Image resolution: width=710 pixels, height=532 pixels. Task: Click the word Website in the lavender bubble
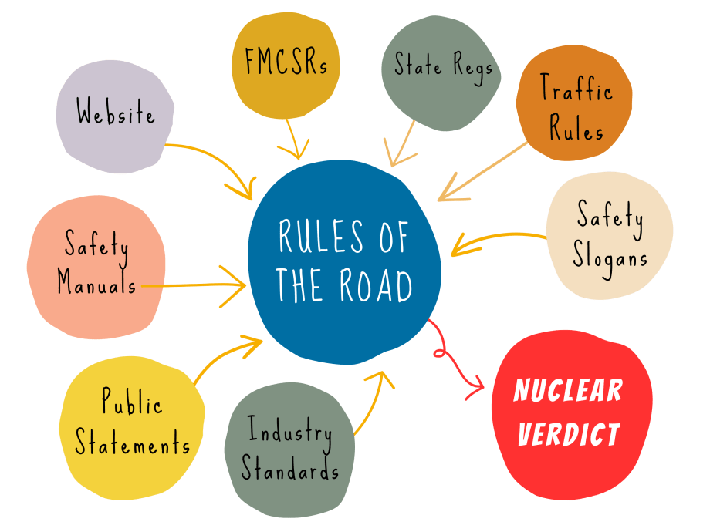116,115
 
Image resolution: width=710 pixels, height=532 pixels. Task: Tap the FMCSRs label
286,62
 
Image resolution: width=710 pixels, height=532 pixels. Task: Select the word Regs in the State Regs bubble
472,67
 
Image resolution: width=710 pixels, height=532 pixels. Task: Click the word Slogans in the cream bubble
610,256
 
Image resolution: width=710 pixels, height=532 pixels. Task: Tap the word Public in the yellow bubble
132,403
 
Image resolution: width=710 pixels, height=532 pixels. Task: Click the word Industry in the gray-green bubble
290,432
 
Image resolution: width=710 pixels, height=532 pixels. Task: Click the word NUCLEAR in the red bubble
568,391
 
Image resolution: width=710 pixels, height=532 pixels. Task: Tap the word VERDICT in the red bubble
569,435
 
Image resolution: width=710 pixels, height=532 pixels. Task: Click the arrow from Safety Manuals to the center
193,285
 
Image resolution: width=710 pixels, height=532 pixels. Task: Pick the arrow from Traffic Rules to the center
482,170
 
